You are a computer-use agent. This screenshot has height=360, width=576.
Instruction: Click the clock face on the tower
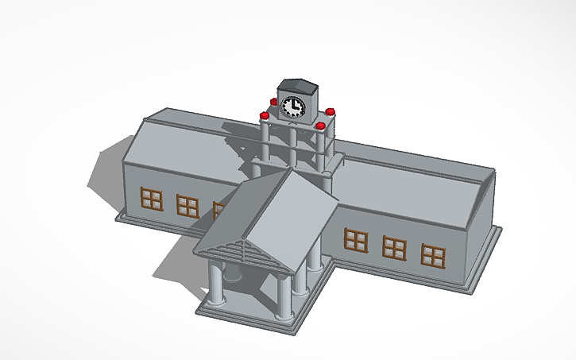(x=292, y=106)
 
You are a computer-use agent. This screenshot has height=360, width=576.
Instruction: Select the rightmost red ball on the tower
(x=331, y=111)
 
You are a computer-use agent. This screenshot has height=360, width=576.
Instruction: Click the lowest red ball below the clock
(x=320, y=126)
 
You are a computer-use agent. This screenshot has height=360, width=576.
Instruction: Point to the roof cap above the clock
(x=296, y=84)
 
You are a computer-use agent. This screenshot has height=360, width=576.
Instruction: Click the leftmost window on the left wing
(x=151, y=199)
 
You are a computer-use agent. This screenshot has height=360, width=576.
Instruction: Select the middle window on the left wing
(x=187, y=205)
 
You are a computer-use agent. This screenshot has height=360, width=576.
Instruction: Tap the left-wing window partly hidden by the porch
(x=218, y=210)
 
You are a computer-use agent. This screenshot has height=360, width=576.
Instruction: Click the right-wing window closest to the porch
(x=355, y=239)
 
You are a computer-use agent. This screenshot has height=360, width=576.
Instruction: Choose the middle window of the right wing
(x=395, y=247)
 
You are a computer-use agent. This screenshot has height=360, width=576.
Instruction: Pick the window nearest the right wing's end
(x=433, y=255)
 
